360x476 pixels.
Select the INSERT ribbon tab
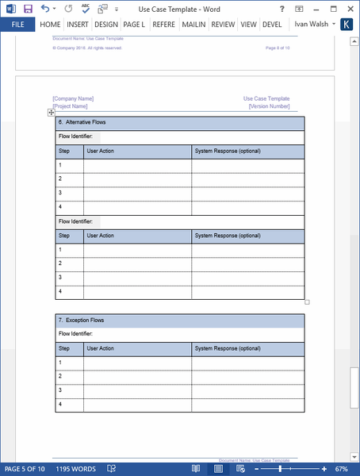[x=78, y=25]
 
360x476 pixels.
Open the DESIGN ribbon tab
[x=105, y=25]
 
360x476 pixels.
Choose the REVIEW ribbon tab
[x=223, y=25]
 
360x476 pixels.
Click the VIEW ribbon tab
[x=248, y=25]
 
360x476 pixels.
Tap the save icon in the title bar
[x=28, y=8]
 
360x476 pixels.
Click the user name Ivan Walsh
[x=312, y=25]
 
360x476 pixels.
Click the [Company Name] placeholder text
[x=73, y=99]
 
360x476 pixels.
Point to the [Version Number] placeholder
[x=269, y=106]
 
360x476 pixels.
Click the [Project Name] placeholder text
[x=70, y=106]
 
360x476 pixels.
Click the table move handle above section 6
[x=51, y=113]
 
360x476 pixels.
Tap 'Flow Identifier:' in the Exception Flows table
[x=76, y=334]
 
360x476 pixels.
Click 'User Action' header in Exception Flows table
[x=100, y=348]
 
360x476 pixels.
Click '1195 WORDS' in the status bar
[x=75, y=469]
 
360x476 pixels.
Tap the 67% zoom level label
[x=342, y=469]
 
